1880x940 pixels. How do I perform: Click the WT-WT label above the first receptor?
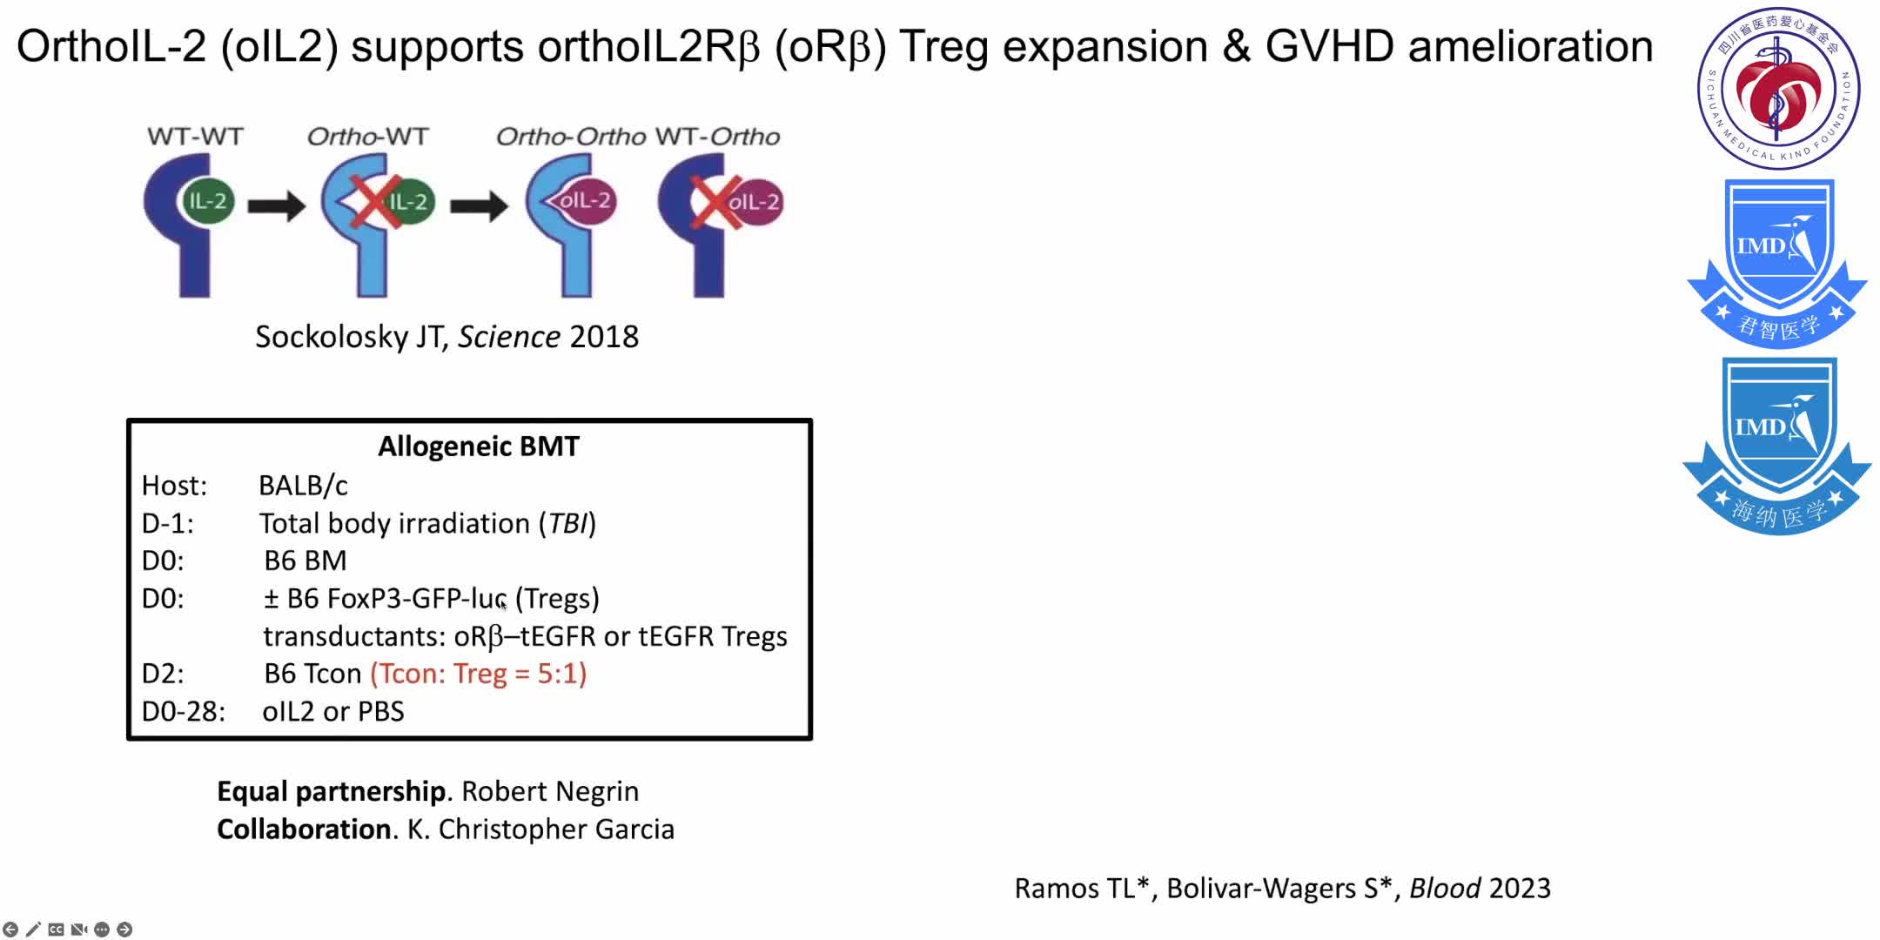(195, 137)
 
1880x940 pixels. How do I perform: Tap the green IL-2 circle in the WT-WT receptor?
(207, 201)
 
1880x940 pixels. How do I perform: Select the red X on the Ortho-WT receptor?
(373, 201)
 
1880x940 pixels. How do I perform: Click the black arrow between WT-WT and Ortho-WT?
(276, 206)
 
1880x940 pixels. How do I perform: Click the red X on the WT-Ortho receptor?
(714, 202)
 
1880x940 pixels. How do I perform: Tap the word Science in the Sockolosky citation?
(509, 337)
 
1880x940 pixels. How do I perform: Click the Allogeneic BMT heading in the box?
(478, 446)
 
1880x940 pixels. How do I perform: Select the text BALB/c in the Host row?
(303, 486)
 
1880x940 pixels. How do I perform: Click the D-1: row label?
(168, 523)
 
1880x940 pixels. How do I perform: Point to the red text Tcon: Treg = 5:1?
(479, 674)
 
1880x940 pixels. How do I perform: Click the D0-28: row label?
(184, 711)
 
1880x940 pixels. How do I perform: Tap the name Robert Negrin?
(550, 791)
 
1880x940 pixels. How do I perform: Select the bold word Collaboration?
(304, 829)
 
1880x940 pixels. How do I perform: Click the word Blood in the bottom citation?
(1445, 888)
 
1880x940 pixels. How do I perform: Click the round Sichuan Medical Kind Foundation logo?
(1778, 88)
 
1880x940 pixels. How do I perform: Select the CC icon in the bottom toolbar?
(57, 930)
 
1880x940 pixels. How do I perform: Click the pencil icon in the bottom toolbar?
(33, 930)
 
